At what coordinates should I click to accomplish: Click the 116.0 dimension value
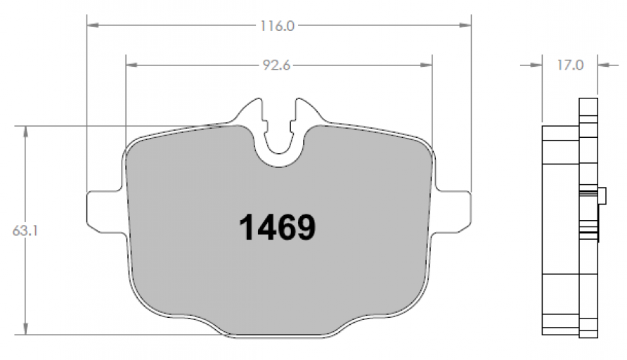click(277, 26)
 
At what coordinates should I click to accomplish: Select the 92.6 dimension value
click(276, 65)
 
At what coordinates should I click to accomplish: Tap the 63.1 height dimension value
click(25, 231)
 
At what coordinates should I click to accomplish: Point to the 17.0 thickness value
click(570, 65)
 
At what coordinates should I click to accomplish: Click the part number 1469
click(277, 227)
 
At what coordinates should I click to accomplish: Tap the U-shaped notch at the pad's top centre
click(279, 148)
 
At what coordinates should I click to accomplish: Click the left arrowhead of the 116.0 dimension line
click(93, 25)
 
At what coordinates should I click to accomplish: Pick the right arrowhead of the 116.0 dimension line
click(465, 25)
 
